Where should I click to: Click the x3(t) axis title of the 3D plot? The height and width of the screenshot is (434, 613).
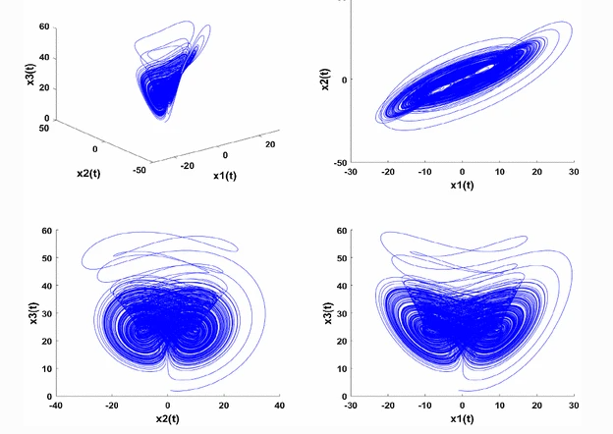[x=31, y=73]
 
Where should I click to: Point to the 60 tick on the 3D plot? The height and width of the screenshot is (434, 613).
[x=44, y=27]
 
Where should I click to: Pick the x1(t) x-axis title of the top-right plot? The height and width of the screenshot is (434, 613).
[x=462, y=185]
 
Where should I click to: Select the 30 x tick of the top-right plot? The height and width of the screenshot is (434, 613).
[x=574, y=172]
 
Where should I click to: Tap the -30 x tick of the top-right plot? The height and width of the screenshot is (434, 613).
[x=351, y=172]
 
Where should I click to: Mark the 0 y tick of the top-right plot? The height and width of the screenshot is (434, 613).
[x=342, y=80]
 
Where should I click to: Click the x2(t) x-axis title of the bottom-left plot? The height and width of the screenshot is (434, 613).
[x=167, y=420]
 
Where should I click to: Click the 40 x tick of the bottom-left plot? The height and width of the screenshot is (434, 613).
[x=279, y=406]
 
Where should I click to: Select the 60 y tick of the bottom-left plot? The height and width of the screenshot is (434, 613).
[x=47, y=231]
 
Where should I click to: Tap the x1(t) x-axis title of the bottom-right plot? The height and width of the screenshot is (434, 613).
[x=462, y=420]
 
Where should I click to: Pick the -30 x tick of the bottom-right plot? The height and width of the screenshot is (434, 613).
[x=351, y=406]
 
